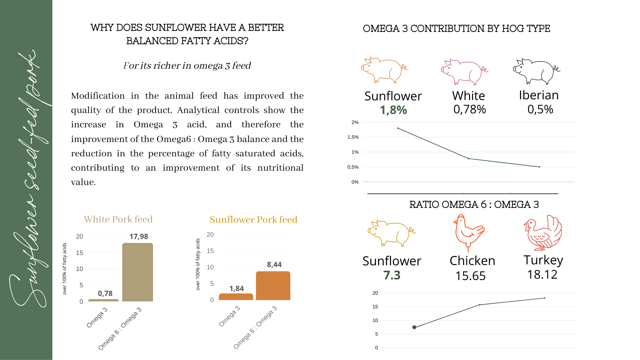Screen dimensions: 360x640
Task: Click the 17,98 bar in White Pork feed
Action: click(x=137, y=272)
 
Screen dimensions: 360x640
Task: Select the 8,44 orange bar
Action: click(x=273, y=286)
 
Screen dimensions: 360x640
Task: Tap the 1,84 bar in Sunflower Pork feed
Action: click(x=236, y=297)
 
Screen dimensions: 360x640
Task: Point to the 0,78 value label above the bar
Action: click(x=105, y=294)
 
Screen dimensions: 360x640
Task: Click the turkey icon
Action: click(x=543, y=233)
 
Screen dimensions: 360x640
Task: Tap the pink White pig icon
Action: click(x=464, y=72)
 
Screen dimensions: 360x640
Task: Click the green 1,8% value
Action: click(x=393, y=110)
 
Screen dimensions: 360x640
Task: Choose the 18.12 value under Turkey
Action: click(x=542, y=275)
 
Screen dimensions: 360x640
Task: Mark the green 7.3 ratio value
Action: click(x=392, y=275)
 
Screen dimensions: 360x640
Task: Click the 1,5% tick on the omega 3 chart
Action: click(x=353, y=137)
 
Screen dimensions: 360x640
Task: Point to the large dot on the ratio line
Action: click(x=414, y=327)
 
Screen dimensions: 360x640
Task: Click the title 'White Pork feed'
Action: click(x=118, y=219)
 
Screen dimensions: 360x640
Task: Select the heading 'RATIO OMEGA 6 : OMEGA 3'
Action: click(x=474, y=204)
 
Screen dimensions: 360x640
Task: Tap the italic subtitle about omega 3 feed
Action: click(x=187, y=66)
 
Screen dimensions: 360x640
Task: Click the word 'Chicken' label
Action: click(x=472, y=261)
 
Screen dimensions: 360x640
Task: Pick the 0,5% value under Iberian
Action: click(x=540, y=109)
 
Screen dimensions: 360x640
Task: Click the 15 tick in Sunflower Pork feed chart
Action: click(x=210, y=251)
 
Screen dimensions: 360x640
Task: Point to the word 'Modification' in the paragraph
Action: click(x=98, y=96)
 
